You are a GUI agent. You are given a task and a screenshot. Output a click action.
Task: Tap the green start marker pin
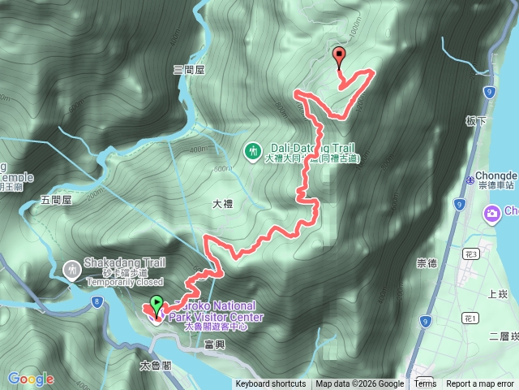157,306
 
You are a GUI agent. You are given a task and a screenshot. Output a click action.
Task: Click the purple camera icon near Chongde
491,213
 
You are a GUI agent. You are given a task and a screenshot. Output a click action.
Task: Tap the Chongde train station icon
470,180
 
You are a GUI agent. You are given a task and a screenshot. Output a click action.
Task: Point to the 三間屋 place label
189,71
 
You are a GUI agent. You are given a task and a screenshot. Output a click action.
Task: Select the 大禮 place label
222,204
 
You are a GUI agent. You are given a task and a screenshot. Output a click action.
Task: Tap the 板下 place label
475,120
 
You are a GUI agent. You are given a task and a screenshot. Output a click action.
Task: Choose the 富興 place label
215,345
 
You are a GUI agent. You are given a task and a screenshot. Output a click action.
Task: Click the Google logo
31,379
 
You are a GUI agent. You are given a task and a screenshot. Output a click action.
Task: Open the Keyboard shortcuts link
271,384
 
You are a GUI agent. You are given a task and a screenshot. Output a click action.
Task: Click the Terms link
425,384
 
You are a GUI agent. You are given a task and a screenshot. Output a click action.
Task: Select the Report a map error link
480,384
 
